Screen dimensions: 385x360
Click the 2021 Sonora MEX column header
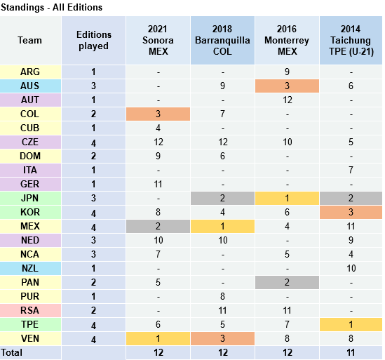pyautogui.click(x=158, y=40)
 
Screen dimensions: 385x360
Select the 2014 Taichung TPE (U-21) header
pyautogui.click(x=351, y=40)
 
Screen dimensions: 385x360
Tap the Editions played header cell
pyautogui.click(x=93, y=40)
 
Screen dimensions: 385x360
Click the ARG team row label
pyautogui.click(x=30, y=72)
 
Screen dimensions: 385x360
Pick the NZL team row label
pyautogui.click(x=30, y=268)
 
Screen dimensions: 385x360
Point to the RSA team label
pyautogui.click(x=30, y=310)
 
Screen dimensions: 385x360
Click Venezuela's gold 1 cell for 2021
pyautogui.click(x=158, y=338)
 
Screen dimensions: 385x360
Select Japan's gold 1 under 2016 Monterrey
pyautogui.click(x=287, y=198)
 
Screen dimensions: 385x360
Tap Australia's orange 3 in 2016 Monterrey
pyautogui.click(x=287, y=86)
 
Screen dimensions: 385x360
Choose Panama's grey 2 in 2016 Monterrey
pyautogui.click(x=287, y=282)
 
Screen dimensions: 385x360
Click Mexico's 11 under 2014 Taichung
pyautogui.click(x=351, y=226)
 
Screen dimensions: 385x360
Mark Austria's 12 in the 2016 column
pyautogui.click(x=287, y=100)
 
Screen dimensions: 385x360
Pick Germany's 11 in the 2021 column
pyautogui.click(x=158, y=184)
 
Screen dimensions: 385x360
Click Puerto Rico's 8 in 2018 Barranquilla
pyautogui.click(x=222, y=296)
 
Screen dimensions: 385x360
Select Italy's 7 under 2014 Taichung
pyautogui.click(x=351, y=170)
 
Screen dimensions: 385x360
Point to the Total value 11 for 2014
pyautogui.click(x=351, y=352)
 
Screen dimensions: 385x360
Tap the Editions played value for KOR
pyautogui.click(x=93, y=213)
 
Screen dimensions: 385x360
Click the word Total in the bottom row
pyautogui.click(x=11, y=352)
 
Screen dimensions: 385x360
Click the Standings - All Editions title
pyautogui.click(x=51, y=8)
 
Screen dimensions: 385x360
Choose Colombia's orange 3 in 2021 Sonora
pyautogui.click(x=158, y=114)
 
